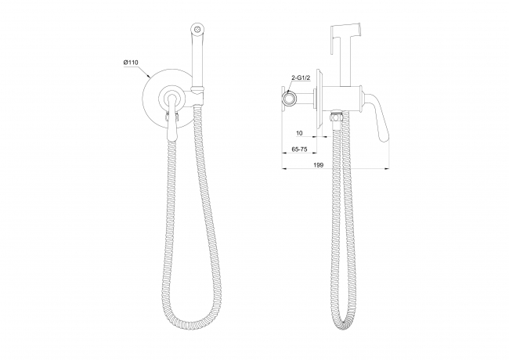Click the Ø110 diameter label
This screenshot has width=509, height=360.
pos(131,63)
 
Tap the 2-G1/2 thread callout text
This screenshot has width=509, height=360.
pos(301,77)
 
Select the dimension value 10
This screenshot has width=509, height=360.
pos(299,133)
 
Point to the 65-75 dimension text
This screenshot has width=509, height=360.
pos(299,149)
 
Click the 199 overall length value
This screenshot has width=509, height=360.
pos(319,165)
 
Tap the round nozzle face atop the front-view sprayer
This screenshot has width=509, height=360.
pos(196,27)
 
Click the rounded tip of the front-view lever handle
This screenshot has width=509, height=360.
pos(171,137)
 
